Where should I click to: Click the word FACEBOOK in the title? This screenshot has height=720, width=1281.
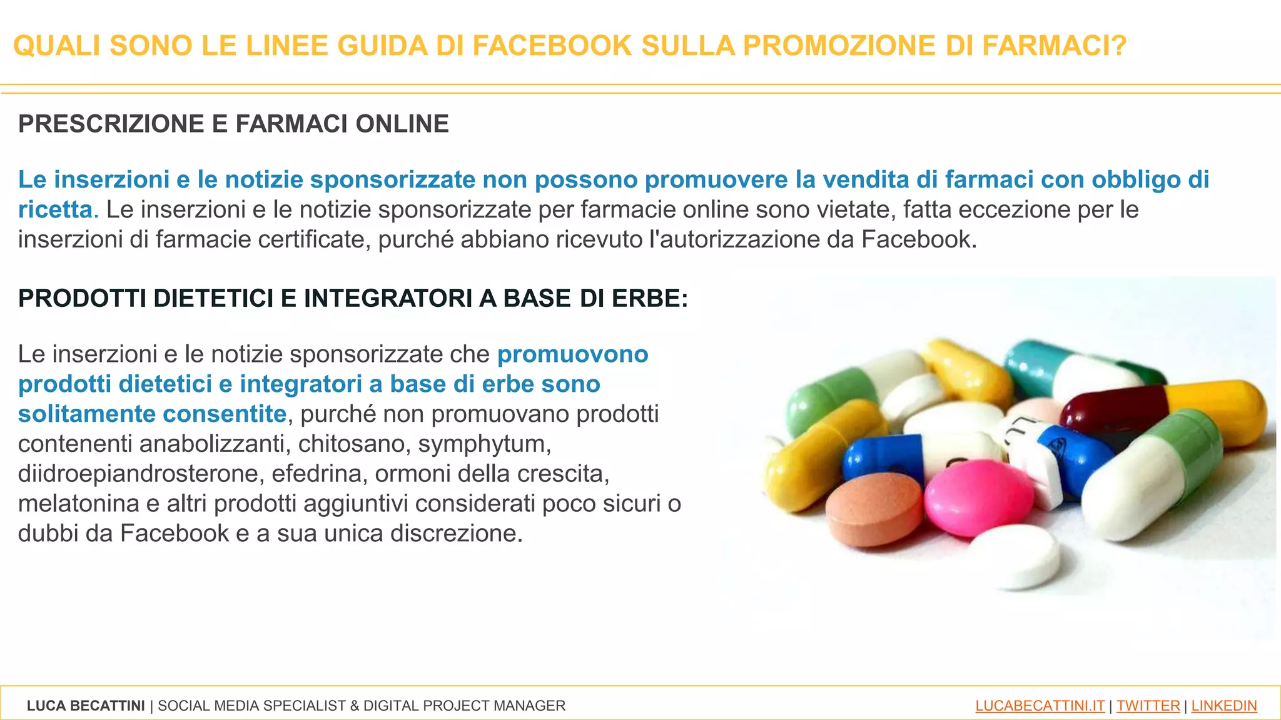coord(552,46)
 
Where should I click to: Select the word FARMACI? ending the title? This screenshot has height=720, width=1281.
coord(1055,46)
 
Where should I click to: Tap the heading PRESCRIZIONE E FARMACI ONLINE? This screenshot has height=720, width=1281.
coord(233,124)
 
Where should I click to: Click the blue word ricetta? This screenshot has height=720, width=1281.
coord(55,209)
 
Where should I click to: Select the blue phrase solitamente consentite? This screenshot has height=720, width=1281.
coord(152,414)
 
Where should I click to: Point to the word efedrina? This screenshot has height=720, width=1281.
coord(319,474)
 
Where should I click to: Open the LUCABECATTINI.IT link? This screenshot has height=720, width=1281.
coord(1040,706)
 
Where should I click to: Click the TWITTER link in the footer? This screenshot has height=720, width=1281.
coord(1148,706)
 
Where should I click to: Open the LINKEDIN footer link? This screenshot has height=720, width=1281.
coord(1223,706)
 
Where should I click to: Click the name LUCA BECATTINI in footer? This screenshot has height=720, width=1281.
coord(86,706)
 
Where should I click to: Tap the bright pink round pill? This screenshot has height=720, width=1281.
coord(978,497)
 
